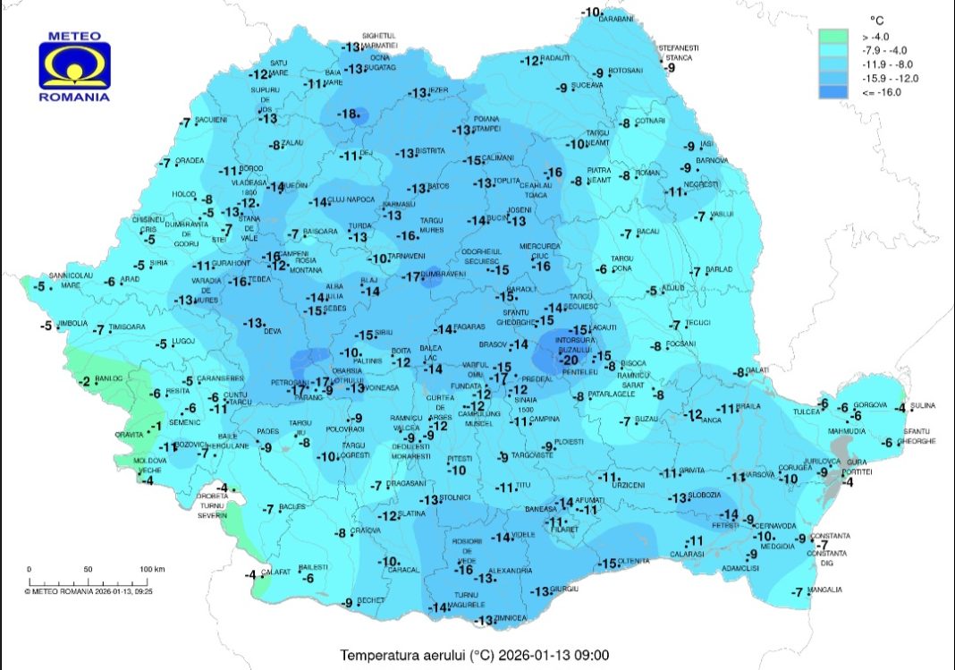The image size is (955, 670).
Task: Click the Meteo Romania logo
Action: [x=75, y=67]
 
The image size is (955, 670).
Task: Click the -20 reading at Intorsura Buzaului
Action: [x=570, y=360]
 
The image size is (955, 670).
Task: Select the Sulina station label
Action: [x=921, y=406]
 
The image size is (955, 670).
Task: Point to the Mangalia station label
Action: [x=824, y=589]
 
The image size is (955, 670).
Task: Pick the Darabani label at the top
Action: [x=615, y=18]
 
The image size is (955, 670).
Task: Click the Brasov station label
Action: [x=493, y=343]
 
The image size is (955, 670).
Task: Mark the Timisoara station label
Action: [x=126, y=328]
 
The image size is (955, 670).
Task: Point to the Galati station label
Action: [x=757, y=370]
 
